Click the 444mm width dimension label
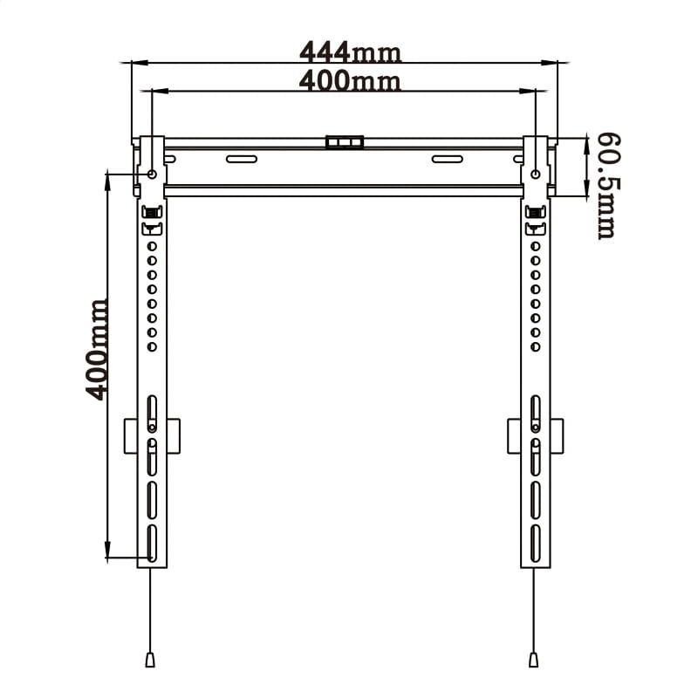[x=349, y=52]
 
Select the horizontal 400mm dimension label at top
[x=349, y=81]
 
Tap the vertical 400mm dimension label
[x=98, y=349]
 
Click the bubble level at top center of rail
[x=344, y=141]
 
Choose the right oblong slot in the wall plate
[x=448, y=159]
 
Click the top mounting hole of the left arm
[x=153, y=174]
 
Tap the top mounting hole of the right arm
[x=535, y=174]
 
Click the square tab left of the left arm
[x=130, y=436]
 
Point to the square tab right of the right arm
[x=557, y=436]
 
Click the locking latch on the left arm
[x=152, y=213]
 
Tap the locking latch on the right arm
[x=534, y=213]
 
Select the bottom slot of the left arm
[x=152, y=543]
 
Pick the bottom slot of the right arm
[x=534, y=543]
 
